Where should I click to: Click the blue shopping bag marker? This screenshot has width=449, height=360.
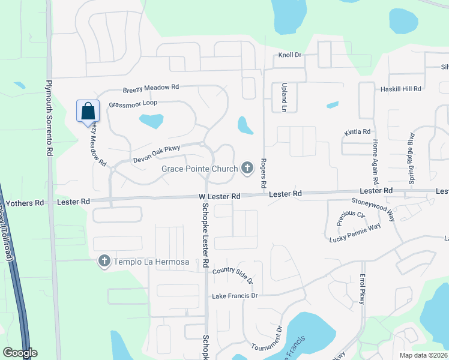[x=88, y=111]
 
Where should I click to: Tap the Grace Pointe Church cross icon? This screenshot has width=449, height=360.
[x=247, y=168]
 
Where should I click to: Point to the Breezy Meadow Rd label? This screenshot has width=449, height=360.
[x=151, y=88]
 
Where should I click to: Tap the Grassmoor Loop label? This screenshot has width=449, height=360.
[x=133, y=104]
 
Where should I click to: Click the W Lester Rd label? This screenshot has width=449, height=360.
[x=220, y=196]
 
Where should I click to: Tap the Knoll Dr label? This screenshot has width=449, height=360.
[x=289, y=55]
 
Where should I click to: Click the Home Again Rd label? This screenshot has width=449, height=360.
[x=375, y=161]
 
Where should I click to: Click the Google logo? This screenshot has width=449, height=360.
[x=19, y=353]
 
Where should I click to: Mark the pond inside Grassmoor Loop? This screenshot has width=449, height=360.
[x=151, y=121]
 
